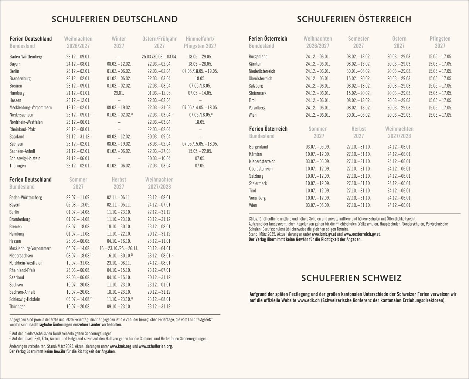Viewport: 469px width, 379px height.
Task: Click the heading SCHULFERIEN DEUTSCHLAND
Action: (115, 19)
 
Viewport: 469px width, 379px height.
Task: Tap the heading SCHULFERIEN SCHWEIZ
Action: (351, 278)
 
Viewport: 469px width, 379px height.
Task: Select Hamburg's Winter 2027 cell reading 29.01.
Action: (119, 93)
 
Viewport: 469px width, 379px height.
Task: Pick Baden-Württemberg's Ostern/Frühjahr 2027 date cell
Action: (159, 57)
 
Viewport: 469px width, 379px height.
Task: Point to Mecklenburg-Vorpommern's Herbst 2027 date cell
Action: (119, 249)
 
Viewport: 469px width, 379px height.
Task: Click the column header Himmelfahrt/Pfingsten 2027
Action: (200, 42)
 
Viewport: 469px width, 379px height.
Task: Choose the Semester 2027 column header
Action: (358, 42)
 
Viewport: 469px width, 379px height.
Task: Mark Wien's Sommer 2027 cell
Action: (317, 205)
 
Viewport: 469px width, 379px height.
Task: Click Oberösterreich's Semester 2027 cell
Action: (358, 79)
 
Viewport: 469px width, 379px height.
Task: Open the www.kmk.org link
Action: (120, 346)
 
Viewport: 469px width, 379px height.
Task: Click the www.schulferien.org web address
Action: (155, 346)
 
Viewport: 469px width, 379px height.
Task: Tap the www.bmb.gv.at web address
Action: (324, 234)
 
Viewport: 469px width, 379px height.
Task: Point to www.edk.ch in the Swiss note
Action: (309, 300)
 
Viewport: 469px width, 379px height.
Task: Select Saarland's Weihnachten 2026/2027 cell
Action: (78, 137)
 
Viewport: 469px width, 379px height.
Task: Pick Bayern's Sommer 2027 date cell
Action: (78, 205)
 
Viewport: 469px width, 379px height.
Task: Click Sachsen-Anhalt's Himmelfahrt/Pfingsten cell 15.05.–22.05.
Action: (200, 151)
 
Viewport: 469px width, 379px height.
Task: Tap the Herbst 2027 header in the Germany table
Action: (119, 183)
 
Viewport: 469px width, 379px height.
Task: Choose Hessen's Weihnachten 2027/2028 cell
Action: (159, 241)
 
